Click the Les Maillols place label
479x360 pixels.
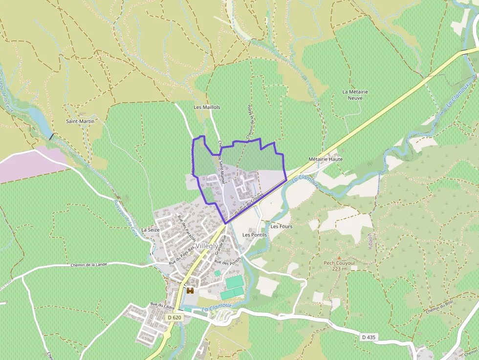point(207,107)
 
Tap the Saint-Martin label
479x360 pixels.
point(80,121)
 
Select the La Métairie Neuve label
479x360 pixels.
point(355,95)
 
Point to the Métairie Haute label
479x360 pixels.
point(326,159)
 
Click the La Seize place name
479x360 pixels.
point(150,229)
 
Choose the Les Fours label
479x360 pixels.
point(281,227)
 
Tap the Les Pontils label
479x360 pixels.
point(255,235)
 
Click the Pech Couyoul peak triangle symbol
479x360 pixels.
point(338,257)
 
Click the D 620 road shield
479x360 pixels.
point(174,318)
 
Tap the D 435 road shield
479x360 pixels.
point(370,337)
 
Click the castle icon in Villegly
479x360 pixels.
point(190,290)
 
